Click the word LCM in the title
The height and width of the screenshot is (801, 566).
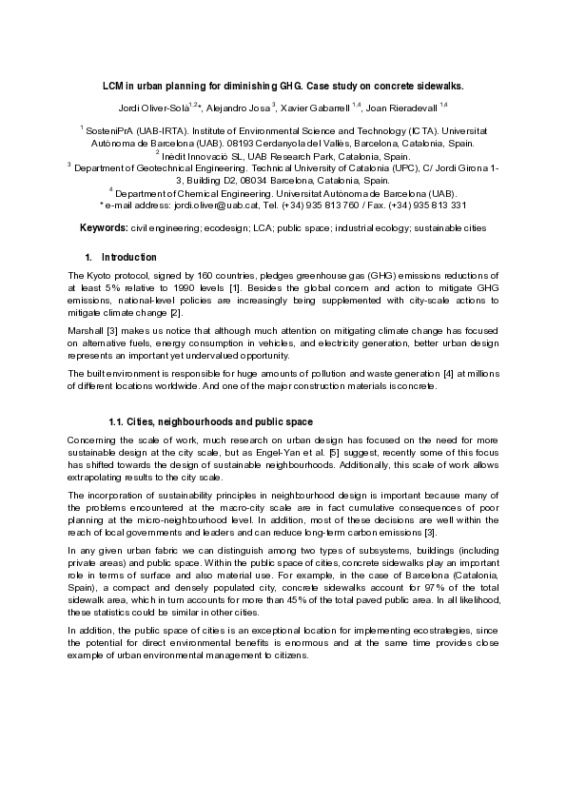114,85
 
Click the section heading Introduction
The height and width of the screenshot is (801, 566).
128,258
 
